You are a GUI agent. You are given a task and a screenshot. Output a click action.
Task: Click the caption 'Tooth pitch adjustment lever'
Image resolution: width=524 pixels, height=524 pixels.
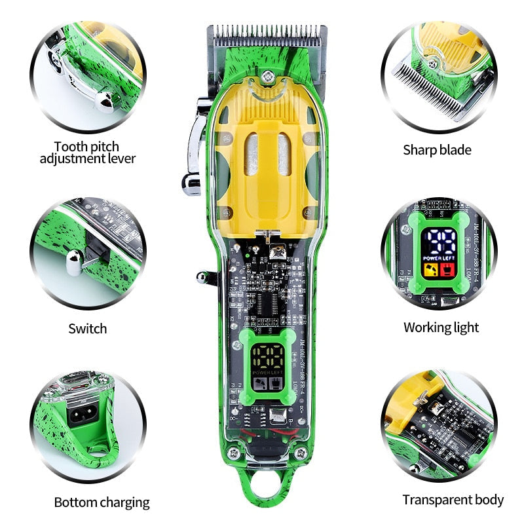(88, 152)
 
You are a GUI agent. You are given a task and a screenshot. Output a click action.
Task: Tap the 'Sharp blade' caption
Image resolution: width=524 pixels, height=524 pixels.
(437, 150)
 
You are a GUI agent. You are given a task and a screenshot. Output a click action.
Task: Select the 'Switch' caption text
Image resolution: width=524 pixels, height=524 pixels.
(88, 328)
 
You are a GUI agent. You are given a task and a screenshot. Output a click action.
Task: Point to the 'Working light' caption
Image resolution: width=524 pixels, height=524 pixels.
(441, 327)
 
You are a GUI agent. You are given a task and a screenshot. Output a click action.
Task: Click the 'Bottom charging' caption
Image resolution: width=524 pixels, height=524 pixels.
(102, 502)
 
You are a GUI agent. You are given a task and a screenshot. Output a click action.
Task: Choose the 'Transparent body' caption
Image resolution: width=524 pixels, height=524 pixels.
(453, 500)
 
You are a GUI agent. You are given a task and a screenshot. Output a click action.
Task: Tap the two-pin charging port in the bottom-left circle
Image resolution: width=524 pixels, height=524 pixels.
(85, 415)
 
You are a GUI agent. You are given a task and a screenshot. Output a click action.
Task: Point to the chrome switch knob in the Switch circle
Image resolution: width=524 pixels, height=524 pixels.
(73, 263)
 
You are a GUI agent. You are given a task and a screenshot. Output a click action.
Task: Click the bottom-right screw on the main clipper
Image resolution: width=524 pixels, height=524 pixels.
(301, 454)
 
